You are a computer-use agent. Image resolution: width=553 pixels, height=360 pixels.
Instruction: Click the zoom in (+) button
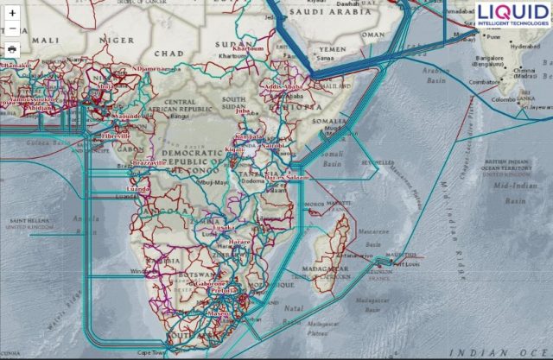(12, 14)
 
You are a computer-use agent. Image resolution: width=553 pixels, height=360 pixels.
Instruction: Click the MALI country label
(45, 40)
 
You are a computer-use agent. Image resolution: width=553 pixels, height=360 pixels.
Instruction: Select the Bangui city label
(180, 116)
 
